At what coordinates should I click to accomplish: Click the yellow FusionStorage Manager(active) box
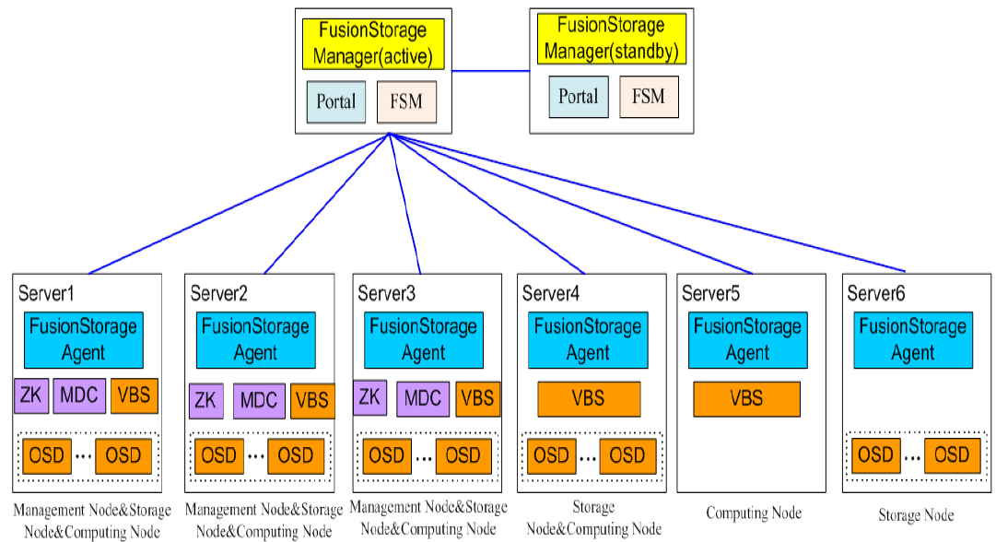tap(374, 43)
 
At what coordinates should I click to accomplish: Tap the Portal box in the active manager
tap(335, 101)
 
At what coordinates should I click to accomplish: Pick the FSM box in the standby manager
tap(649, 97)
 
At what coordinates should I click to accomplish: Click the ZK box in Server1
tap(31, 395)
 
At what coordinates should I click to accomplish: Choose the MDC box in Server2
tap(259, 401)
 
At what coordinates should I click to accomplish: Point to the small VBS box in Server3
tap(477, 399)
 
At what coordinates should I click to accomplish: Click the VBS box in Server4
tap(589, 399)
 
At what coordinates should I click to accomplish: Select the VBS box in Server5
tap(746, 399)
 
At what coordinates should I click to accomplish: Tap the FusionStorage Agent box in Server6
tap(912, 339)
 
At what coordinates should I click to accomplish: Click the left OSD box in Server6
tap(875, 455)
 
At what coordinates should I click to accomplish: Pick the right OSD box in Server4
tap(627, 455)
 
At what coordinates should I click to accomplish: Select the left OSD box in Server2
tap(218, 455)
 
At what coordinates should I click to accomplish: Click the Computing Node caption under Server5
tap(754, 513)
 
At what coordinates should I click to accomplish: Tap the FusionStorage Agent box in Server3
tap(422, 339)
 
